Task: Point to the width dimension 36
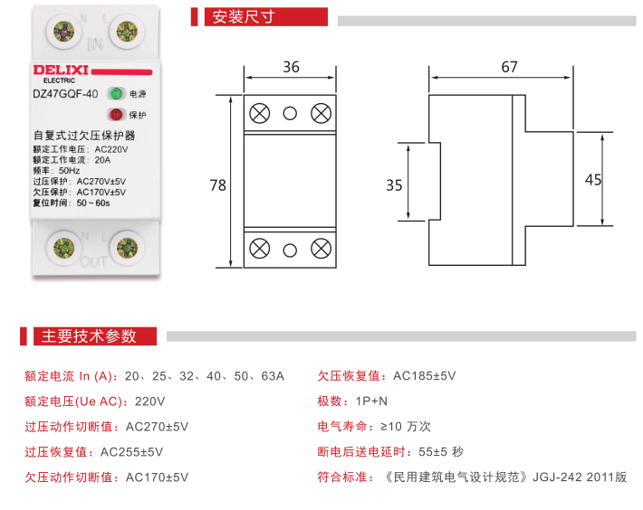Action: click(x=291, y=67)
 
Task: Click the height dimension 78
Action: click(x=217, y=184)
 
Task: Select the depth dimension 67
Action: click(x=509, y=67)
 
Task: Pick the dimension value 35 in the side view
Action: click(x=394, y=185)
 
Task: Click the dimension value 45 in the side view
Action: click(x=593, y=179)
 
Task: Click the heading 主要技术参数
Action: click(x=88, y=336)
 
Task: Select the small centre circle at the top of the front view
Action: click(x=291, y=113)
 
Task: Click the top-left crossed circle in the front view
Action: click(x=260, y=113)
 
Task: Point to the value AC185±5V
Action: click(x=424, y=375)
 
